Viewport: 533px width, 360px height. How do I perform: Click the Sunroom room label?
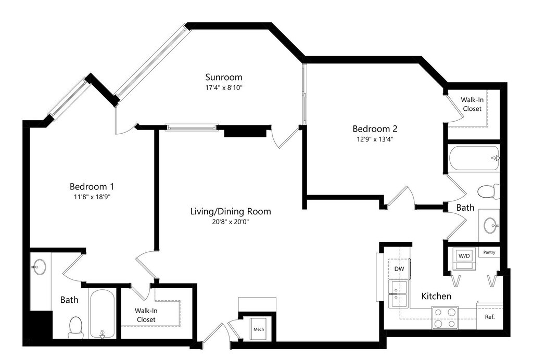(224, 77)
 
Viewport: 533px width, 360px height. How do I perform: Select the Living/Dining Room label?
(231, 212)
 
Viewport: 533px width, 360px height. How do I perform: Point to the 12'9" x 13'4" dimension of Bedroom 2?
(375, 139)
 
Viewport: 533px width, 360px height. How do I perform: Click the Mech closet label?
(259, 329)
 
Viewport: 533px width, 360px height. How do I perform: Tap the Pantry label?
(489, 252)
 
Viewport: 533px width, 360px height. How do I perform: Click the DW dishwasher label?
(399, 269)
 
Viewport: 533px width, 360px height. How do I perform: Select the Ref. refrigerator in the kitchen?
(489, 316)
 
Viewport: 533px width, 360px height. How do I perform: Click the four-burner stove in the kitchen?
(445, 318)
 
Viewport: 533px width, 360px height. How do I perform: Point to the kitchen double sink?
(398, 294)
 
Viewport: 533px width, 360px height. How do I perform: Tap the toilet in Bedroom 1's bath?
(75, 327)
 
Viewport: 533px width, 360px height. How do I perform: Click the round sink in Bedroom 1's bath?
(39, 267)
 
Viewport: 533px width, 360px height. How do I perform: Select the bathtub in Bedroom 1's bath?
(103, 314)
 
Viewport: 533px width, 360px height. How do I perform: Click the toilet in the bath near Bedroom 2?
(488, 191)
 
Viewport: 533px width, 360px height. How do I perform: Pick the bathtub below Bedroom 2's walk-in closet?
(474, 158)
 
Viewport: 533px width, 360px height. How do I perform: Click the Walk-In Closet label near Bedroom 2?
(472, 104)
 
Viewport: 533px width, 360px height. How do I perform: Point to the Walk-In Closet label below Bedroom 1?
(146, 315)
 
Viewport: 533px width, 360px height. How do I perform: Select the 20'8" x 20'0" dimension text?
(231, 222)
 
